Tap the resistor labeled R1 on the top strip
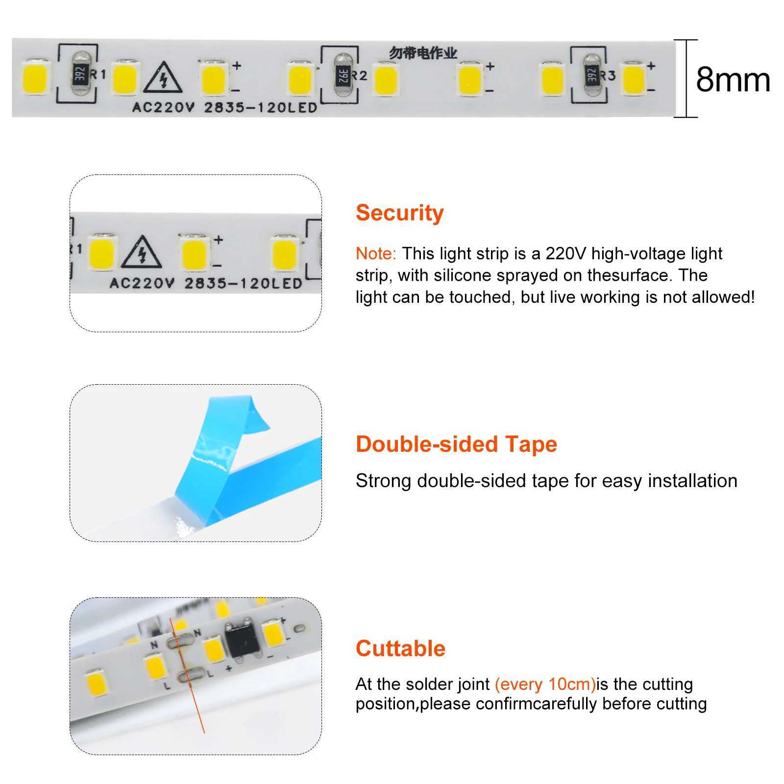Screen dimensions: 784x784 pos(80,74)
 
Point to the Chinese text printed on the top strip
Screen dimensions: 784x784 pos(423,53)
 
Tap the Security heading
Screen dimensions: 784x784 pos(399,213)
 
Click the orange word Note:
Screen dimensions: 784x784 pos(376,254)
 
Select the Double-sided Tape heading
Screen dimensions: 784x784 pos(456,444)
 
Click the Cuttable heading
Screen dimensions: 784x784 pos(400,648)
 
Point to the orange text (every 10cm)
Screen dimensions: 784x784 pos(545,684)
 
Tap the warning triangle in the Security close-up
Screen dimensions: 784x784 pos(142,254)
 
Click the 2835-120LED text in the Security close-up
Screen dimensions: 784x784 pos(243,283)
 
